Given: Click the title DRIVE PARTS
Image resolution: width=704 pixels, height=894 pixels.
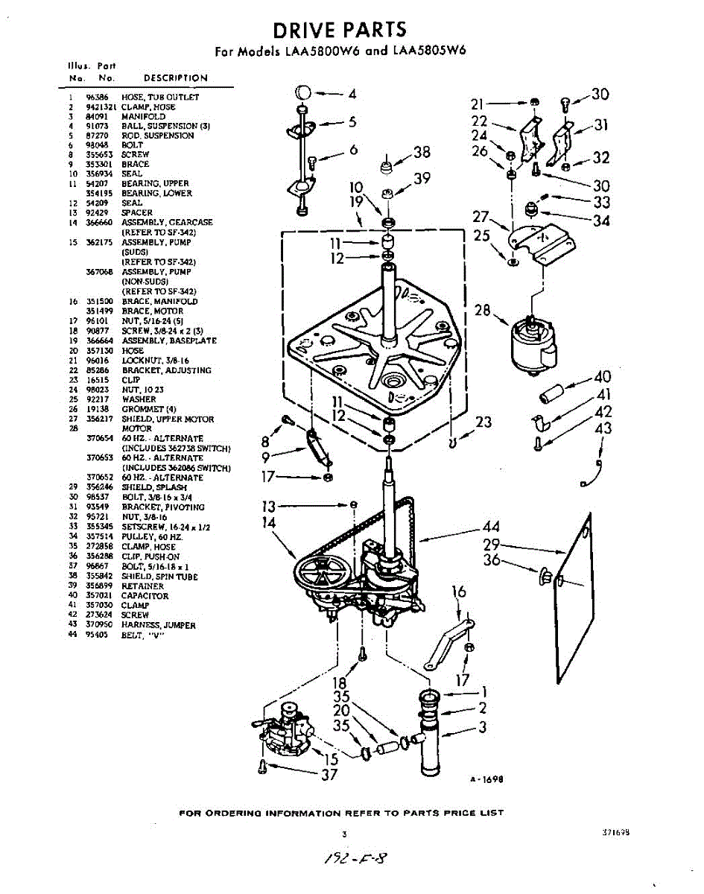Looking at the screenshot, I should pyautogui.click(x=339, y=30).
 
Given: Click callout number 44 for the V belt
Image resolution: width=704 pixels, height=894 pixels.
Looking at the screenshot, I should pyautogui.click(x=491, y=527).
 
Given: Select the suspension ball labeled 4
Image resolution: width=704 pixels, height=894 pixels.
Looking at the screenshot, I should pyautogui.click(x=302, y=94).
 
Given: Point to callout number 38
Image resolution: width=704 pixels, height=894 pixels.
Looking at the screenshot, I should pyautogui.click(x=422, y=153).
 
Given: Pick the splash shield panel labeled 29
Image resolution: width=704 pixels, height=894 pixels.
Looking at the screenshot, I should pyautogui.click(x=576, y=597).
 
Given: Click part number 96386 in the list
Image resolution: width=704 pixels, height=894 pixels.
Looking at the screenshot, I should pyautogui.click(x=95, y=98).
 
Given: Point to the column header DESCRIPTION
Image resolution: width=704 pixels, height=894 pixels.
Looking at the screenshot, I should pyautogui.click(x=176, y=78).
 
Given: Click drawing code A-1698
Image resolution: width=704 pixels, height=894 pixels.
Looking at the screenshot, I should pyautogui.click(x=487, y=779).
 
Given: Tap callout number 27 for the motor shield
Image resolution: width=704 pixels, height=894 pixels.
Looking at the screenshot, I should pyautogui.click(x=480, y=217).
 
